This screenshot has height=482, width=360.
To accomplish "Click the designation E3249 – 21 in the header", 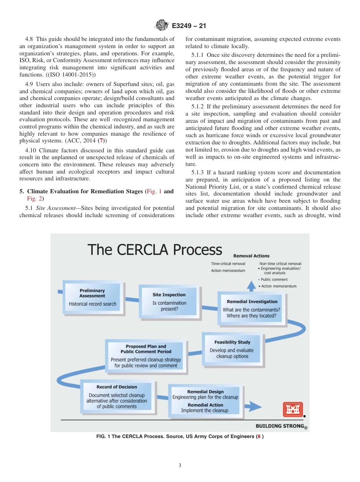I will pos(189,26).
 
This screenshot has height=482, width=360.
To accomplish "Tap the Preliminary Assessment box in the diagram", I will pos(92,297).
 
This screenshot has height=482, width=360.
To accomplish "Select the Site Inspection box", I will pos(169,302).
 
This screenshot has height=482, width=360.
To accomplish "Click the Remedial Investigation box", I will pos(252,308).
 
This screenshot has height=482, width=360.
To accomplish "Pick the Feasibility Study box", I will pos(232,349).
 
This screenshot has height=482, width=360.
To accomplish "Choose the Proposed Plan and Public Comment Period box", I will pos(146,356).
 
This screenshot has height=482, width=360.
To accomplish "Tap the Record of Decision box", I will pos(117,396).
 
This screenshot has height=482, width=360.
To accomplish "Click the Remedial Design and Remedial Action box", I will pos(205,401).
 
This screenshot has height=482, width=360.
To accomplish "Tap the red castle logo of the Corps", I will pos(293,409).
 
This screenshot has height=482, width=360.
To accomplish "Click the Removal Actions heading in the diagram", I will pos(251,256).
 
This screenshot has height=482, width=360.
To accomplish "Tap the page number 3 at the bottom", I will pos(180,465).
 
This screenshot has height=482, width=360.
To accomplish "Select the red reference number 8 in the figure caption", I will pos(259,437).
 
